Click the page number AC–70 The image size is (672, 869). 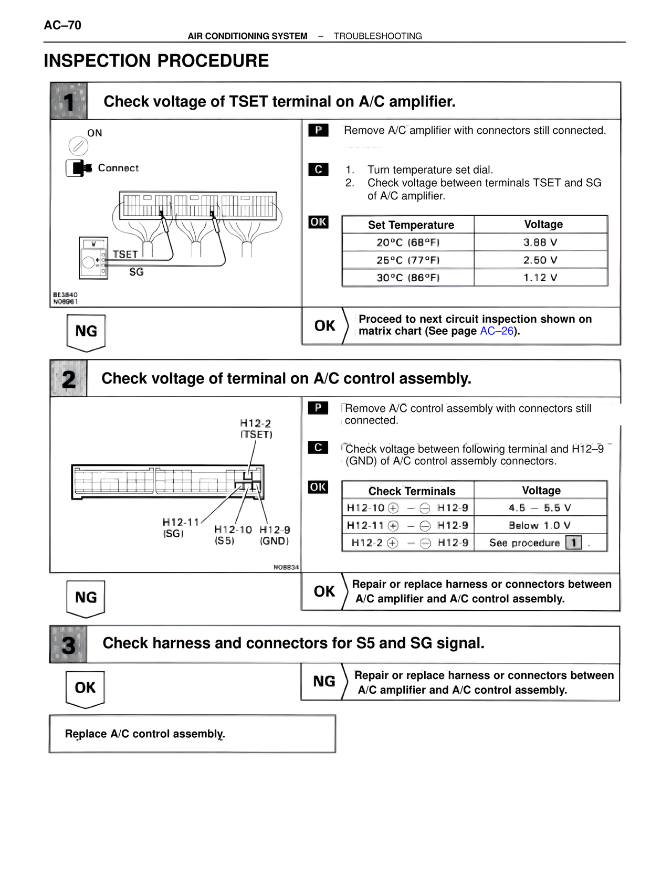[62, 25]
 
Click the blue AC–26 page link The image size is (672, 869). [496, 331]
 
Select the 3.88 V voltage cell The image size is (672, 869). [540, 242]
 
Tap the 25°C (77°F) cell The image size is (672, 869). [408, 260]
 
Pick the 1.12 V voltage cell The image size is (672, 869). [540, 278]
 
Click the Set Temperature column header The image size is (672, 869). [411, 225]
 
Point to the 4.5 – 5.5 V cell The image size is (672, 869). [540, 508]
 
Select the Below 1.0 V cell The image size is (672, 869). [540, 525]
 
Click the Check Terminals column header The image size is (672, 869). [412, 491]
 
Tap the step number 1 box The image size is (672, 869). [69, 101]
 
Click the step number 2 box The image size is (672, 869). [69, 379]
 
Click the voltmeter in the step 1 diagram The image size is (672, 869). [93, 258]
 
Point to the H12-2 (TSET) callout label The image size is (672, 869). [256, 429]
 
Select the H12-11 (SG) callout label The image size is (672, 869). [180, 527]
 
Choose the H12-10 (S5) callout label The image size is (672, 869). [233, 535]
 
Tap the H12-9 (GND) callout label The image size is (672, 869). [275, 535]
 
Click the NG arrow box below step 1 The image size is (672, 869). [86, 332]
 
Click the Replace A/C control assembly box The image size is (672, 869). [192, 734]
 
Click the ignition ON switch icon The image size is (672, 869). [78, 145]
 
